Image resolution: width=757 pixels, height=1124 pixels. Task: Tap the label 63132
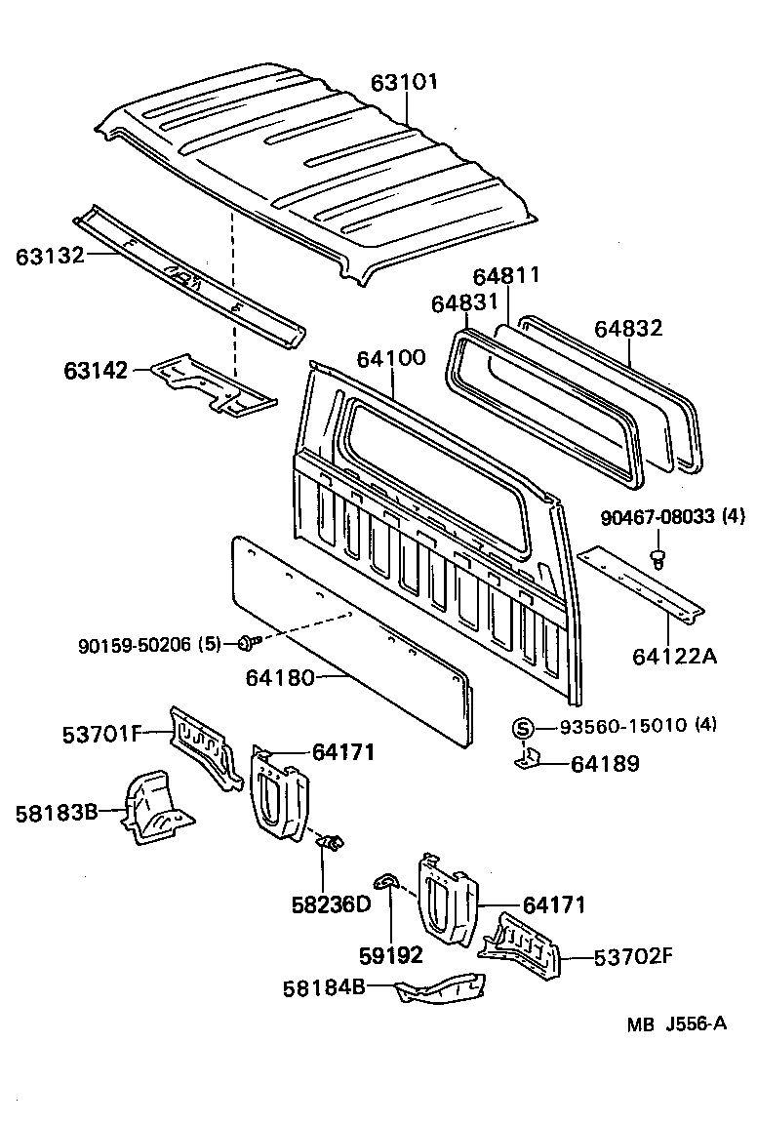(48, 257)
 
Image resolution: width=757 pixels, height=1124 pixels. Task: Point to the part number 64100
(391, 357)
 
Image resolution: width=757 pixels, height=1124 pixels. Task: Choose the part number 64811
(506, 277)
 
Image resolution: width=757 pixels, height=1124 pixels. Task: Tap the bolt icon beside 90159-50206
(246, 643)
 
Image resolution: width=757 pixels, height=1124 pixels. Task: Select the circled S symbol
(523, 727)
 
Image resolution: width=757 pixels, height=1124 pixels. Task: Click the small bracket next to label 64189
(527, 759)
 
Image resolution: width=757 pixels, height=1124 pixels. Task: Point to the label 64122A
(674, 656)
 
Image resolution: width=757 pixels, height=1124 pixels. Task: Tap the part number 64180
(280, 676)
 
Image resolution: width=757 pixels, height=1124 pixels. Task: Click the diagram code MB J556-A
(676, 1024)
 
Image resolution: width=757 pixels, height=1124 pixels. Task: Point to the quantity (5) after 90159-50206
(210, 644)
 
